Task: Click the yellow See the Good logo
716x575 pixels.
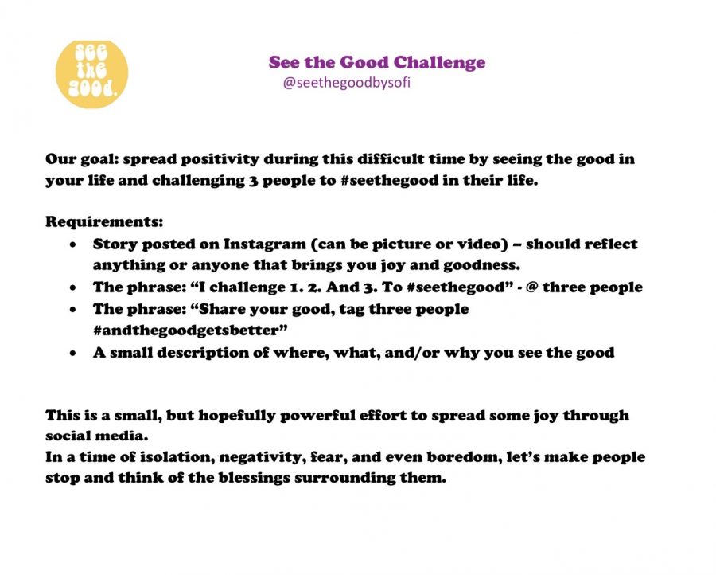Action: point(91,74)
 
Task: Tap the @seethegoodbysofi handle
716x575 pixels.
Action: point(347,83)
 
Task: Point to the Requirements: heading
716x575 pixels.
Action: point(104,222)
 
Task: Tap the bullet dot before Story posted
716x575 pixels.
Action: point(73,245)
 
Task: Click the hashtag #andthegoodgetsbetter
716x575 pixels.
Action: point(190,331)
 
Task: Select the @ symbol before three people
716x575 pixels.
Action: point(531,287)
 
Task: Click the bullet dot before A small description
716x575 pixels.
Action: point(73,354)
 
